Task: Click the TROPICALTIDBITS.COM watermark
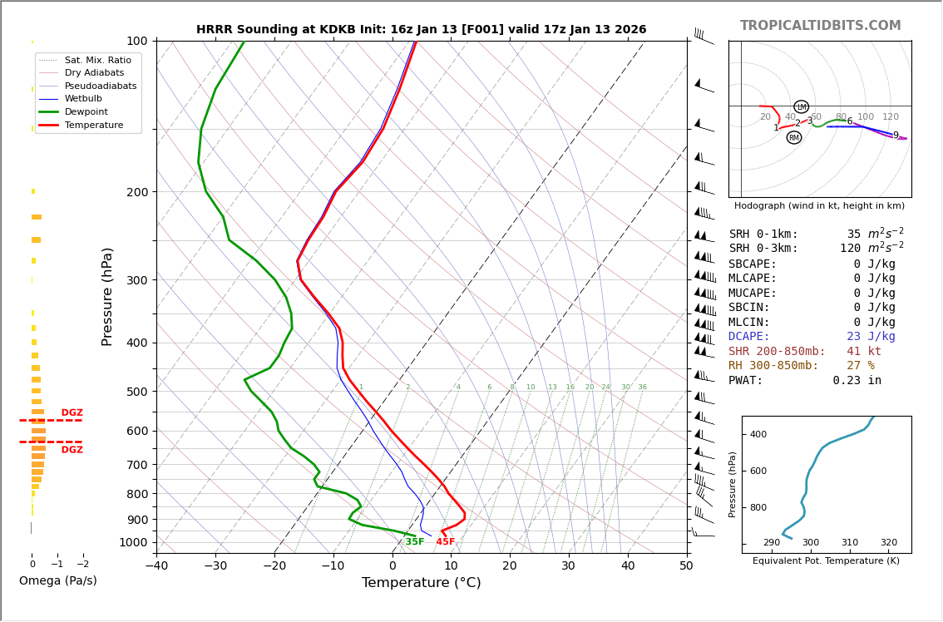pyautogui.click(x=820, y=26)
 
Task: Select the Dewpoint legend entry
pyautogui.click(x=86, y=111)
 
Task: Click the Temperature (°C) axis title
pyautogui.click(x=421, y=583)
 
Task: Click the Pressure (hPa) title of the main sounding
pyautogui.click(x=107, y=296)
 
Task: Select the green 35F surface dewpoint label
pyautogui.click(x=414, y=542)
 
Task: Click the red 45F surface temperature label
pyautogui.click(x=446, y=542)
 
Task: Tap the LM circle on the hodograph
pyautogui.click(x=801, y=106)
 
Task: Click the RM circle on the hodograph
pyautogui.click(x=794, y=137)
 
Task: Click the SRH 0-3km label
pyautogui.click(x=763, y=249)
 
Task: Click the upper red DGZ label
pyautogui.click(x=72, y=413)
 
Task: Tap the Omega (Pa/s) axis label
pyautogui.click(x=57, y=581)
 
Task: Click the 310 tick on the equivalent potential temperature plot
pyautogui.click(x=849, y=543)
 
